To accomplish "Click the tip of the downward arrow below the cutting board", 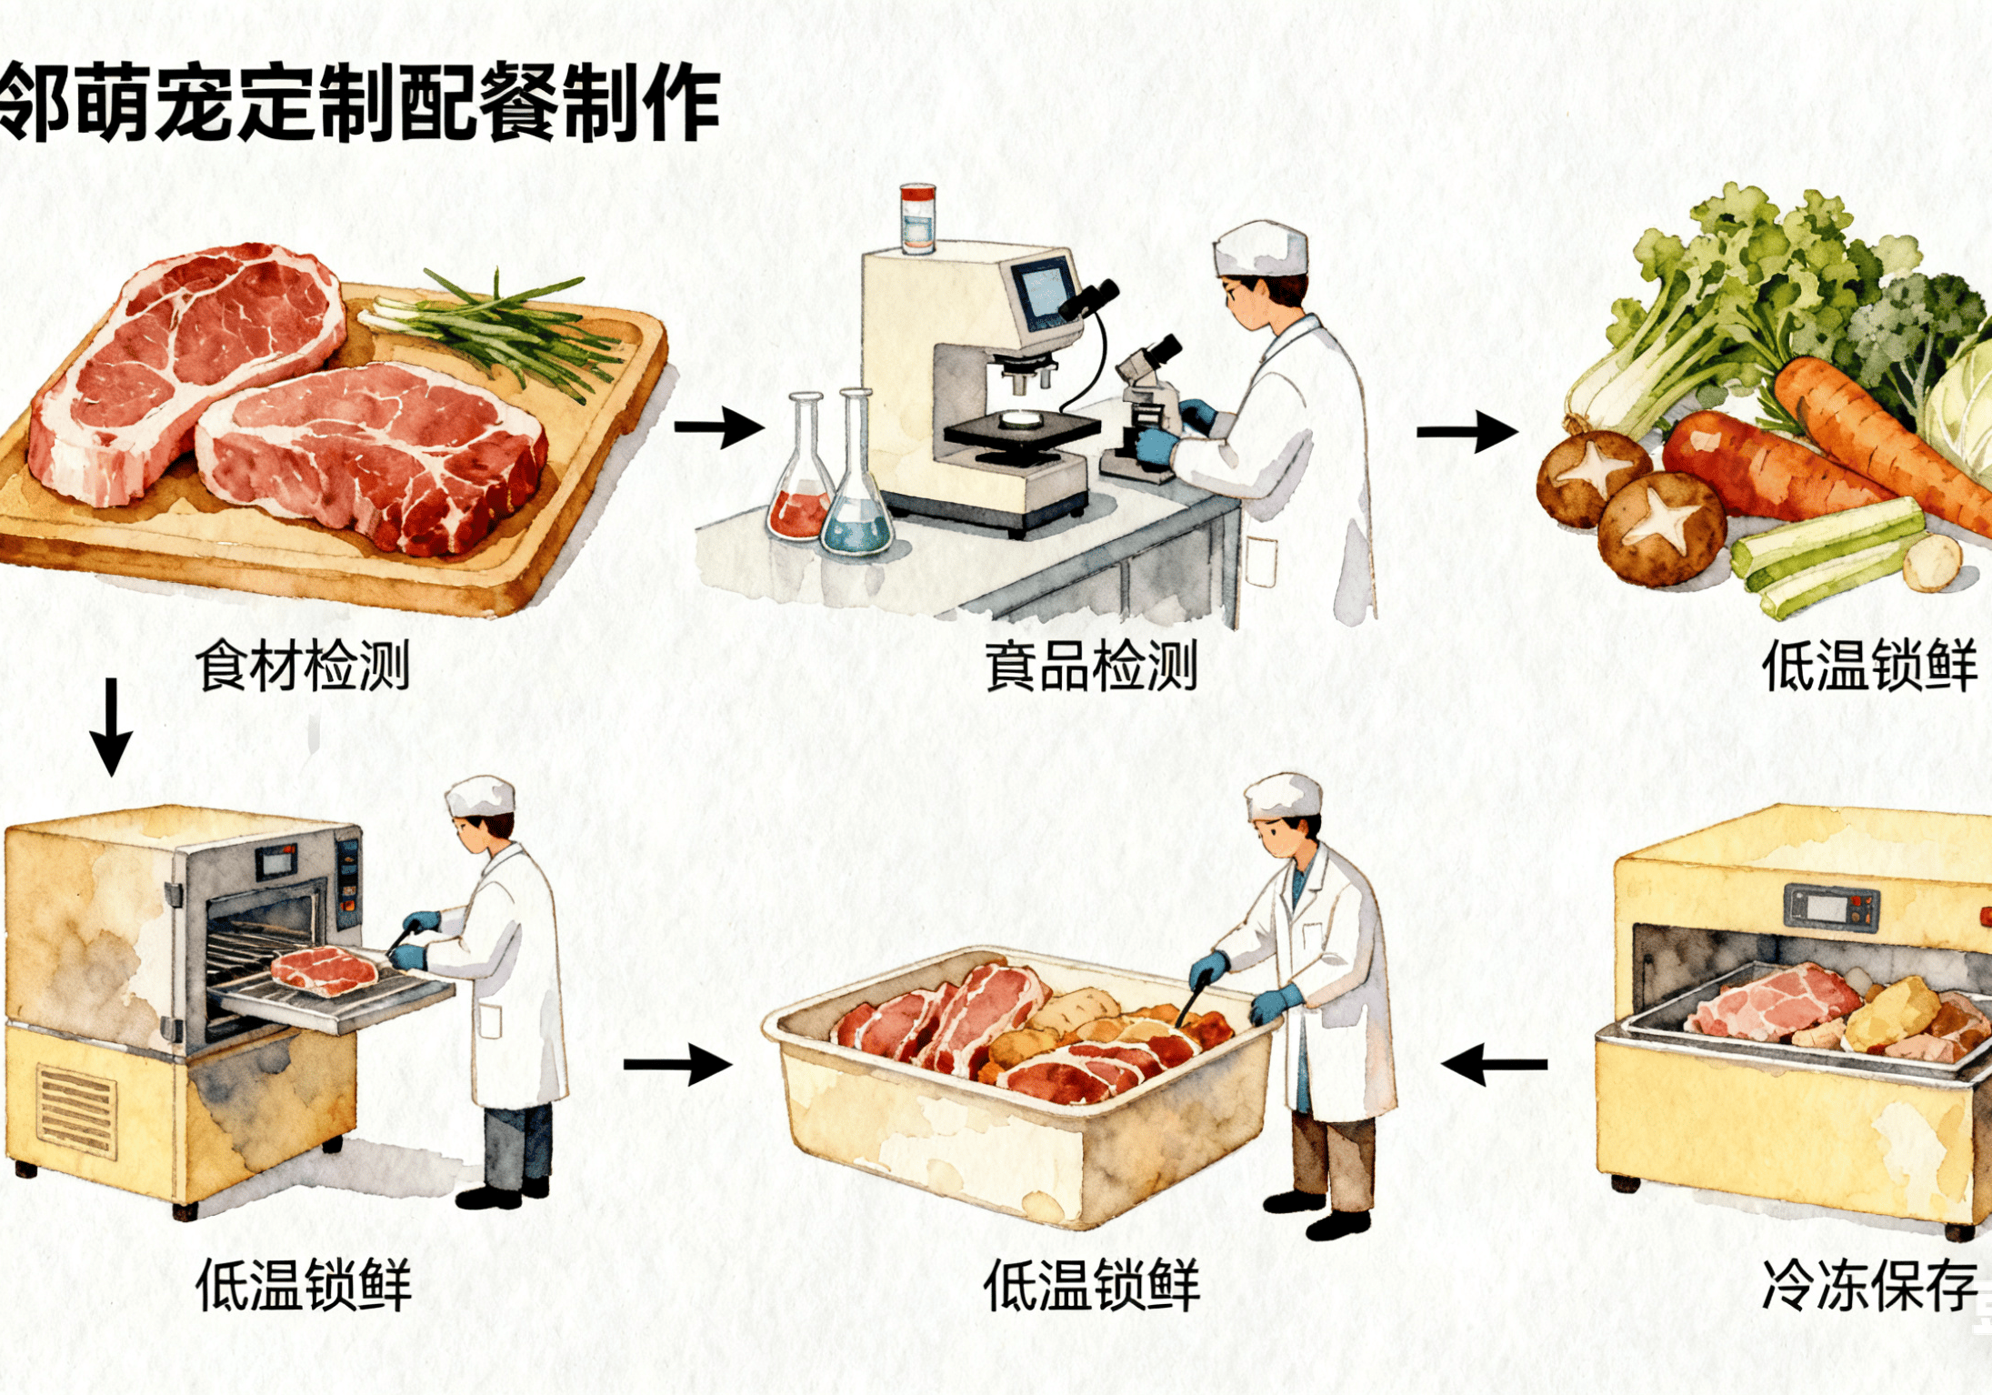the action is pos(112,776).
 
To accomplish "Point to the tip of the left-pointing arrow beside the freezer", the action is pos(1443,1063).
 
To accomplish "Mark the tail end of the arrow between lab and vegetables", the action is pos(1417,431).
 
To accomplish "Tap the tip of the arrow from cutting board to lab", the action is pos(765,427).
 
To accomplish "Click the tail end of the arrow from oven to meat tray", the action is pos(625,1064).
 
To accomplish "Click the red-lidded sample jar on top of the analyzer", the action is pos(917,217).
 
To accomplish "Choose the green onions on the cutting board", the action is pos(495,334).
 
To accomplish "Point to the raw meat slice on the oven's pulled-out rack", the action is pos(325,970).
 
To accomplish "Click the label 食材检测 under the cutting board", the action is pos(303,666).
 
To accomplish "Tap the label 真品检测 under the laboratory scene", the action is pos(1091,666).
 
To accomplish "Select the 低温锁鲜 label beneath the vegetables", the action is pos(1869,666).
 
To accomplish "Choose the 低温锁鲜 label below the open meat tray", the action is pos(1091,1285).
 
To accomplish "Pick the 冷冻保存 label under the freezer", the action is pos(1869,1285).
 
